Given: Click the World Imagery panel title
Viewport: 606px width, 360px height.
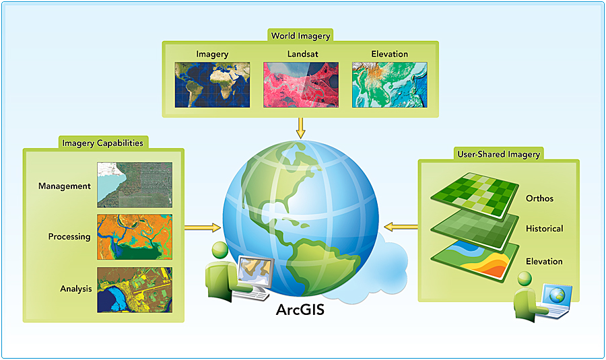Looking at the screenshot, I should point(300,36).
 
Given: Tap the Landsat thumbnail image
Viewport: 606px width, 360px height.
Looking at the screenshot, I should point(300,85).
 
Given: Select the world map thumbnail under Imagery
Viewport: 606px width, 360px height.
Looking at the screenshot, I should point(212,85).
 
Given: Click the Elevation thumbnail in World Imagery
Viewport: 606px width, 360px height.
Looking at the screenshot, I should point(389,85).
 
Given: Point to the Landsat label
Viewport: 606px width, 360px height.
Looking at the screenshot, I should point(300,54).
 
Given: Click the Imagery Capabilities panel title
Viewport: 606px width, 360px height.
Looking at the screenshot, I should point(102,143).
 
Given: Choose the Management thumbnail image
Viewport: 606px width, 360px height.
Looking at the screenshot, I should point(135,184).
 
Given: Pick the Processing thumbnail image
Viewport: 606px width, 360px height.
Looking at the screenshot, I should point(135,236).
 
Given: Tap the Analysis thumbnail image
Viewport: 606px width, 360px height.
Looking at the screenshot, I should point(135,289).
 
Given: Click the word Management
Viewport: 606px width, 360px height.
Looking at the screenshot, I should point(65,186).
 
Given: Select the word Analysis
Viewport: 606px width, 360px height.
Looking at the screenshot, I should point(75,289).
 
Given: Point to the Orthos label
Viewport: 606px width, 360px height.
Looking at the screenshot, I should point(540,199).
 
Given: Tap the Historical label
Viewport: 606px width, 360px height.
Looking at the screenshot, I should point(544,229).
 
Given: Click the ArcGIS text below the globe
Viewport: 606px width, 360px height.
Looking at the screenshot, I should point(300,310).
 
